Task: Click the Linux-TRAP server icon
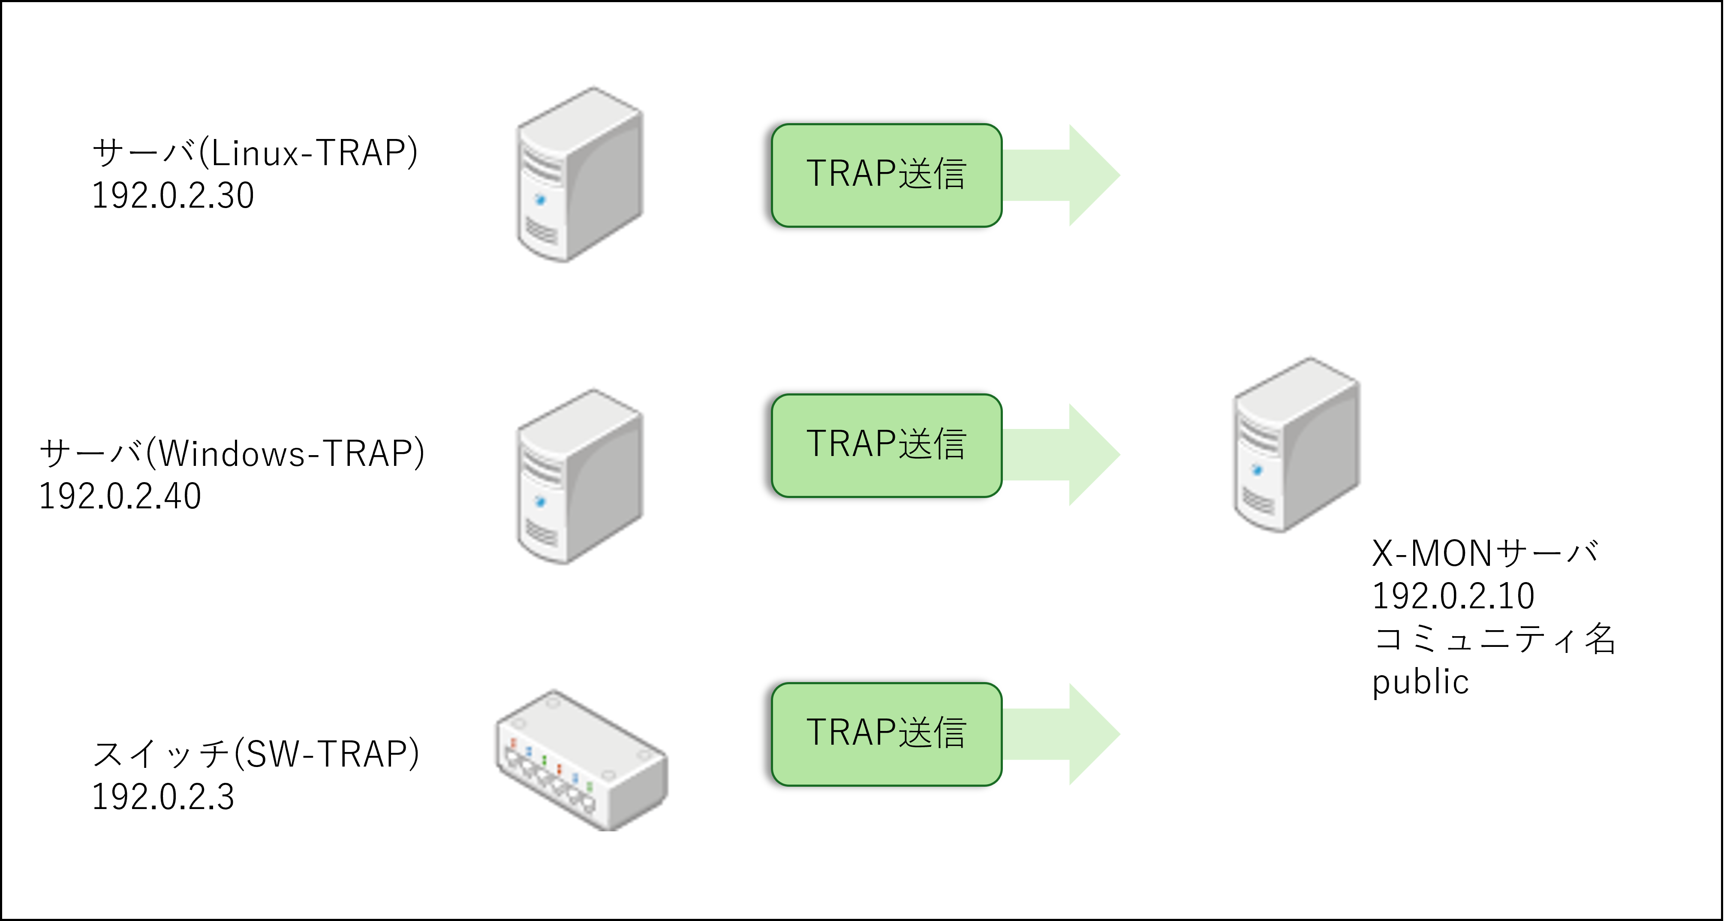pyautogui.click(x=580, y=175)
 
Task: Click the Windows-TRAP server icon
pyautogui.click(x=580, y=477)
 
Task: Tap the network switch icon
pyautogui.click(x=581, y=761)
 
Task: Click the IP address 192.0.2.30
pyautogui.click(x=173, y=196)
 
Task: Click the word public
pyautogui.click(x=1420, y=682)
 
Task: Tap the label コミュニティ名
pyautogui.click(x=1494, y=638)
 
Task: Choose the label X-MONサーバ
pyautogui.click(x=1484, y=553)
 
